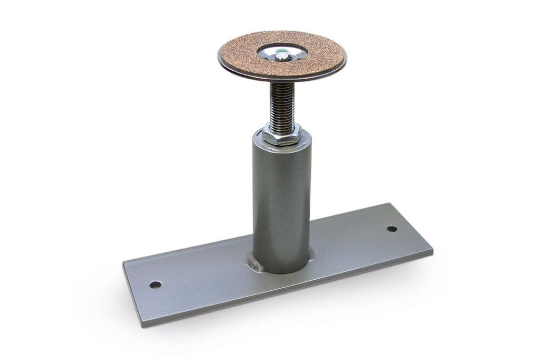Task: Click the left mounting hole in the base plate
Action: tap(155, 285)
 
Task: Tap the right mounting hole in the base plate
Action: tap(392, 229)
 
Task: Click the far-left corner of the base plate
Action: tap(123, 262)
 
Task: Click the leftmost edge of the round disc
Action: tap(219, 56)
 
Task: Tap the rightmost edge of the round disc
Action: tap(346, 57)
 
